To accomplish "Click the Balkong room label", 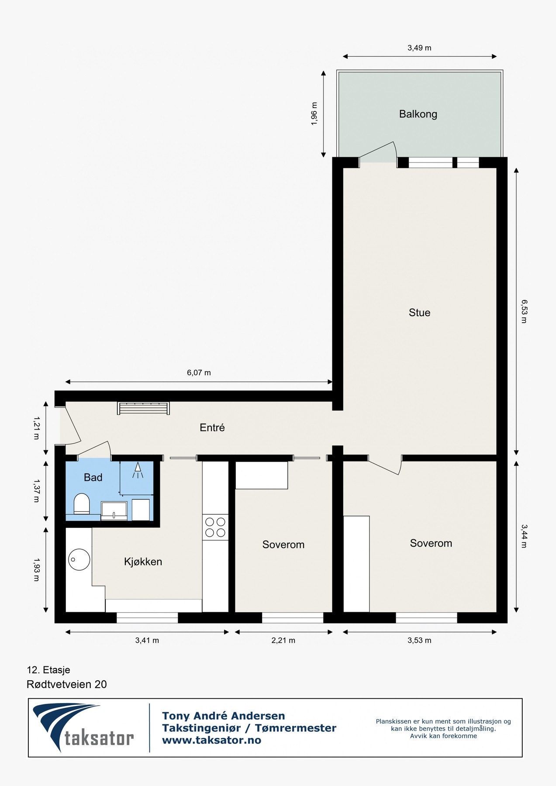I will [418, 114].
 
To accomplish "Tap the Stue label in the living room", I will [419, 313].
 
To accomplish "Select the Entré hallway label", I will [212, 427].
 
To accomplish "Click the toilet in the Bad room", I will [82, 503].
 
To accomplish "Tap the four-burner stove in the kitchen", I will [215, 527].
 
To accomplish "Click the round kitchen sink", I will [79, 559].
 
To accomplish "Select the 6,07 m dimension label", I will [199, 372].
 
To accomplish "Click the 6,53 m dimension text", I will [524, 311].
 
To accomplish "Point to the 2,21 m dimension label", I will [283, 640].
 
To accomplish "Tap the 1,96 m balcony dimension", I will [314, 114].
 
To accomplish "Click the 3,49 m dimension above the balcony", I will [419, 48].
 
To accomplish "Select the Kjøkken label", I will [143, 562].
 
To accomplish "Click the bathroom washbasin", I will [114, 510].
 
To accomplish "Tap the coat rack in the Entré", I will [143, 408].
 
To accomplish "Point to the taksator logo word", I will [99, 738].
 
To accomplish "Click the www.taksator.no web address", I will [211, 740].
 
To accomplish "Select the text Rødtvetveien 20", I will [67, 684].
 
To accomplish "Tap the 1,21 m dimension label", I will [36, 427].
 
